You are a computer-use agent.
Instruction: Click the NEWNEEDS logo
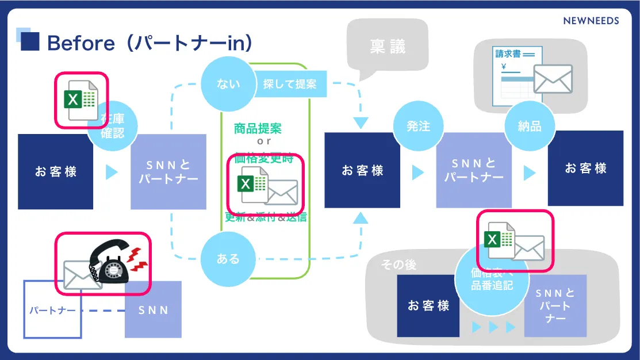(x=591, y=21)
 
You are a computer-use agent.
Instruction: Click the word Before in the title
(x=81, y=43)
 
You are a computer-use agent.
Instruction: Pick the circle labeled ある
(x=228, y=259)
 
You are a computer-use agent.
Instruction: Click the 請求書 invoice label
(x=508, y=54)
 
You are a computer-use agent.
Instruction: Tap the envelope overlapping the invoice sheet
(x=553, y=79)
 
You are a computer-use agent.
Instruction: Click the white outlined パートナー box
(x=52, y=310)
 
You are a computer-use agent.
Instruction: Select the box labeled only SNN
(x=154, y=309)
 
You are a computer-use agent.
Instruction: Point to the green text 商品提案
(x=258, y=128)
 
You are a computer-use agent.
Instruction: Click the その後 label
(x=398, y=265)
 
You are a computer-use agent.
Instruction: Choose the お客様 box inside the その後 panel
(x=428, y=306)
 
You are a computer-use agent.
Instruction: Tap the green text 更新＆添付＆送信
(x=266, y=217)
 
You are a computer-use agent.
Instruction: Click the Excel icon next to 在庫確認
(x=81, y=98)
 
